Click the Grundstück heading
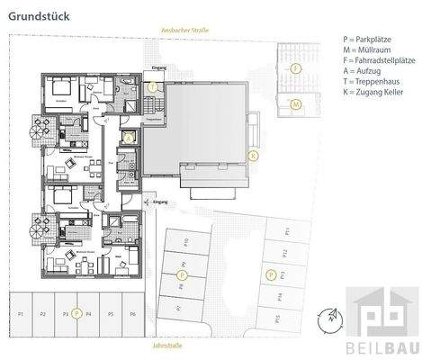[34, 13]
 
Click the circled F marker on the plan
[295, 68]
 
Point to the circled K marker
[254, 155]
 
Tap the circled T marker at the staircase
[154, 87]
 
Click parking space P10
[185, 243]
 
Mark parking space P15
[278, 318]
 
